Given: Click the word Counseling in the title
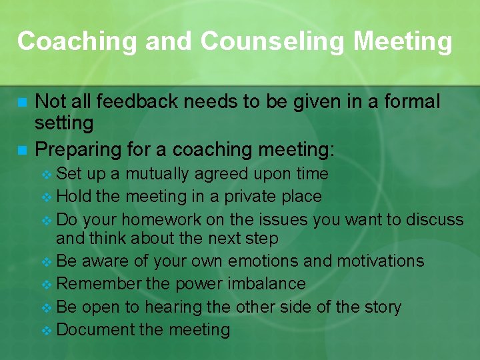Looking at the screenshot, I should pyautogui.click(x=273, y=41).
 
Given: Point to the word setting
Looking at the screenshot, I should pyautogui.click(x=64, y=123).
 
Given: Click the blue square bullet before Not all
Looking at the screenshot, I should pyautogui.click(x=22, y=103).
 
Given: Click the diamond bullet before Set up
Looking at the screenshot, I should pyautogui.click(x=46, y=175).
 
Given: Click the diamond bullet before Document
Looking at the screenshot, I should pyautogui.click(x=46, y=330).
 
